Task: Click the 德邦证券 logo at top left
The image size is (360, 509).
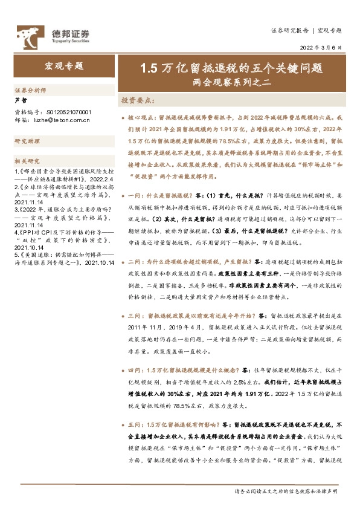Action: (52, 33)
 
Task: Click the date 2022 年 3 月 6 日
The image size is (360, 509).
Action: (320, 48)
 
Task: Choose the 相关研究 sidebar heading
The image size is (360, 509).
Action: (27, 161)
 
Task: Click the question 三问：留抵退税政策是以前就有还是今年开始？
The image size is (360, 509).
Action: (193, 316)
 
